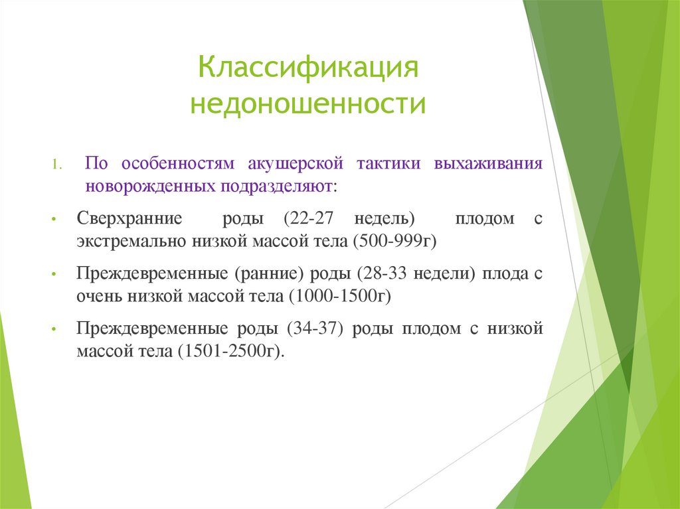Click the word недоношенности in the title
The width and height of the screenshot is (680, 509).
coord(308,105)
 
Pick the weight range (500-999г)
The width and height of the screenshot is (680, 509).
coord(396,241)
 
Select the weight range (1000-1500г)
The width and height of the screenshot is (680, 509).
coord(339,297)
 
